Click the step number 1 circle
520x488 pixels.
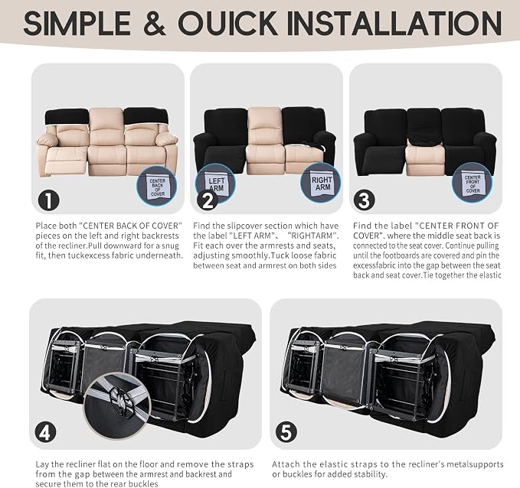(49, 200)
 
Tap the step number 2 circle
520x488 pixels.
(208, 200)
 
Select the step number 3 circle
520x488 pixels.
(364, 200)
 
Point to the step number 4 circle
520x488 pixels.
(45, 432)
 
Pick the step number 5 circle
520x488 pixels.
(286, 432)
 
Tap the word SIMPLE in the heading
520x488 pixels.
(77, 23)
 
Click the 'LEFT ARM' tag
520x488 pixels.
(216, 183)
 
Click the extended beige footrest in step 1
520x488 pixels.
(67, 161)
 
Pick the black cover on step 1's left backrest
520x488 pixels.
(67, 118)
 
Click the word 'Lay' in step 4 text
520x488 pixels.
(42, 464)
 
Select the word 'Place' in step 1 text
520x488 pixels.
(46, 226)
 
